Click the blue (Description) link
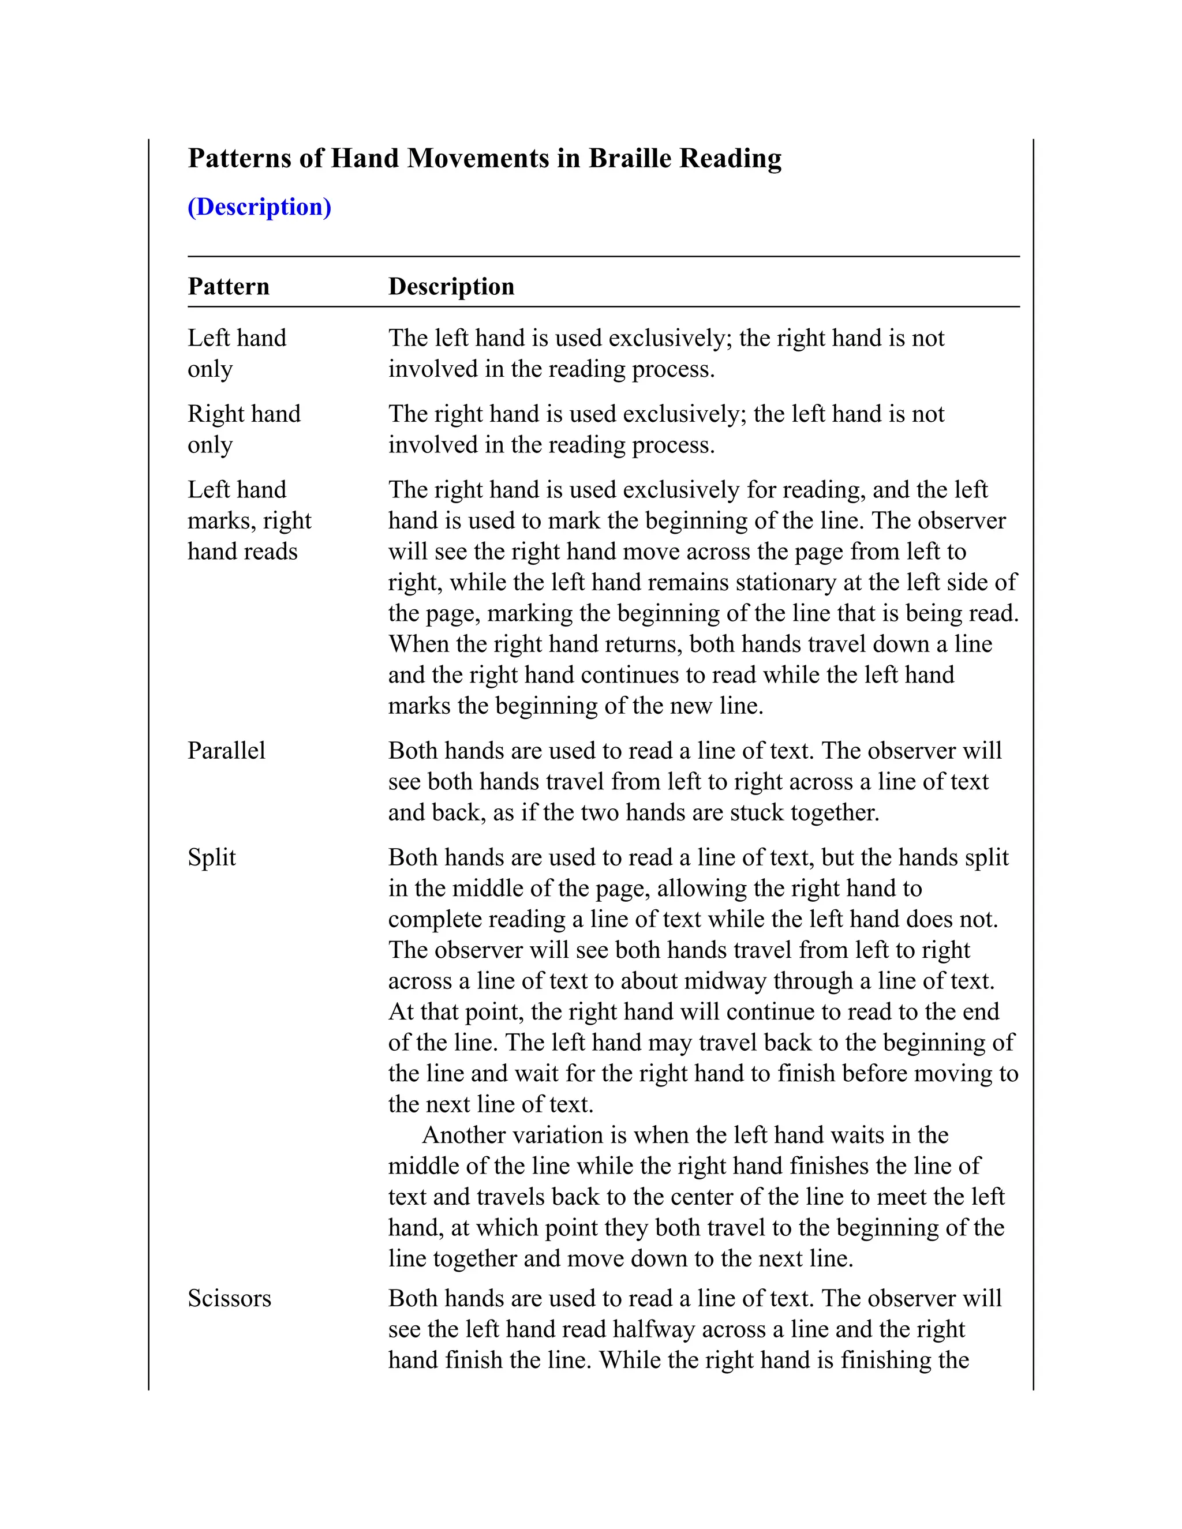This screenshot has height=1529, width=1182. (x=259, y=207)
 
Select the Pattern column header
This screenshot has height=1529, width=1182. (x=229, y=286)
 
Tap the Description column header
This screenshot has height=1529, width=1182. (x=451, y=286)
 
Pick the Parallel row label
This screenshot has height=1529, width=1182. (x=226, y=751)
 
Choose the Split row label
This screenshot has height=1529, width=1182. (x=211, y=857)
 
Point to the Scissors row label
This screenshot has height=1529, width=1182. (x=229, y=1299)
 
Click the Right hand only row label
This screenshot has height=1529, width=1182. (x=244, y=429)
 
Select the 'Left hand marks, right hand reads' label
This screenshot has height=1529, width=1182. (x=249, y=521)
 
